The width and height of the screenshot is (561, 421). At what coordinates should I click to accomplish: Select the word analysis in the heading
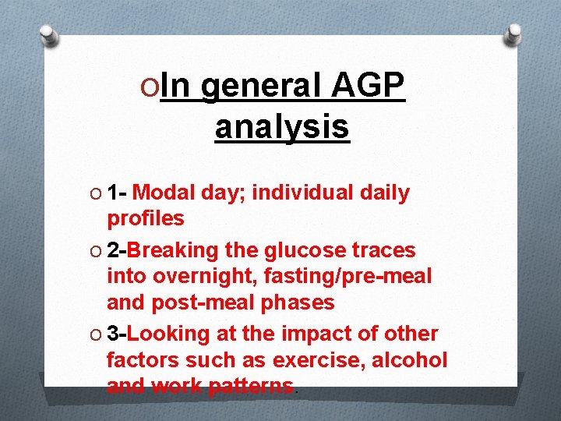[282, 126]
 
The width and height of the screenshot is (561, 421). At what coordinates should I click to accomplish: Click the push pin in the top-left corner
[48, 35]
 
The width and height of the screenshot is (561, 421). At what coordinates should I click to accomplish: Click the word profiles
[146, 218]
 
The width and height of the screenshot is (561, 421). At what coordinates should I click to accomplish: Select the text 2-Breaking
[164, 250]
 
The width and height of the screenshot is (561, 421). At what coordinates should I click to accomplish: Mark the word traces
[383, 250]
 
